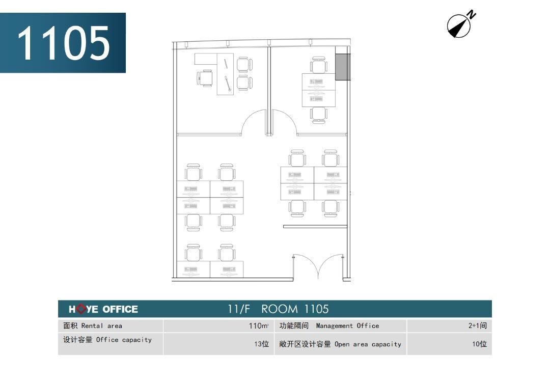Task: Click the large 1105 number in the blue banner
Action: click(x=64, y=43)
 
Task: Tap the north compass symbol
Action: click(x=460, y=24)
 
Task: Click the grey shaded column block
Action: click(x=342, y=67)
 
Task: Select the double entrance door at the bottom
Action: click(x=318, y=266)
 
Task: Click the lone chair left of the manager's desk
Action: click(x=205, y=78)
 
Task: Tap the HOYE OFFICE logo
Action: click(x=103, y=309)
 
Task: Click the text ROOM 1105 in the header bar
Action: click(x=295, y=309)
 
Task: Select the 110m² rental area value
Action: click(x=259, y=325)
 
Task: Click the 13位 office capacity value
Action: click(x=262, y=344)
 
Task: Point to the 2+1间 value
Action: click(x=477, y=325)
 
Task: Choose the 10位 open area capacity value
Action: click(x=480, y=344)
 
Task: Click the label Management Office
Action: click(x=347, y=325)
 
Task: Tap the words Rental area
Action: click(x=102, y=325)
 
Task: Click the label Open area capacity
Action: click(x=368, y=344)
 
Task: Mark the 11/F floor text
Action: click(x=238, y=309)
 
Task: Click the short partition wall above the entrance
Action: click(x=315, y=227)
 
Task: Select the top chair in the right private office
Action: click(x=318, y=65)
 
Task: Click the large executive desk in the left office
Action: click(x=225, y=74)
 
